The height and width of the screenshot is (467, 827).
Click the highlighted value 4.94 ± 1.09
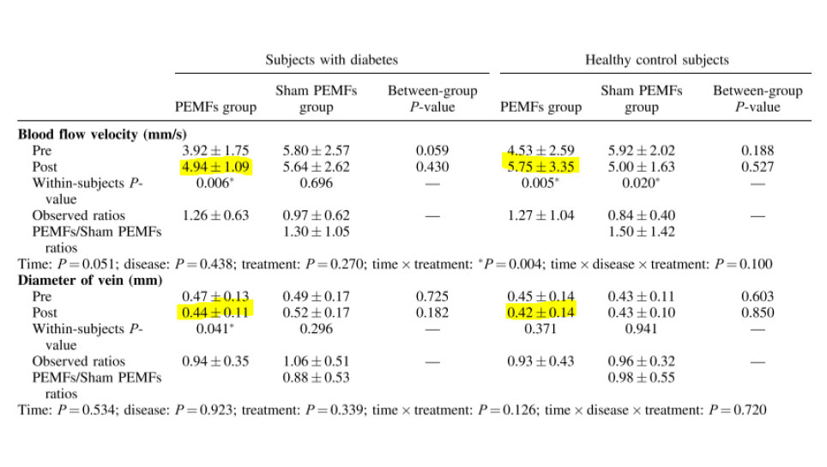pyautogui.click(x=215, y=167)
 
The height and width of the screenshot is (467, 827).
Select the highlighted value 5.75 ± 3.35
pyautogui.click(x=540, y=167)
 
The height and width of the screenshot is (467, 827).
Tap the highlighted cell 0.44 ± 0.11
pyautogui.click(x=215, y=312)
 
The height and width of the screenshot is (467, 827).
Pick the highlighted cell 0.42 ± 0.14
pyautogui.click(x=540, y=312)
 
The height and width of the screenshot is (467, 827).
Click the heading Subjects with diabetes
pyautogui.click(x=331, y=60)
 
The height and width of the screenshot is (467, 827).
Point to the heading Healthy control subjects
pyautogui.click(x=657, y=60)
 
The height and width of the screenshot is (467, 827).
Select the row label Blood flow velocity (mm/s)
pyautogui.click(x=103, y=134)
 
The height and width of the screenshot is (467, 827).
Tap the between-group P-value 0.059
pyautogui.click(x=432, y=150)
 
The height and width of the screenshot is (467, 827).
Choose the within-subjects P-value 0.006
pyautogui.click(x=214, y=183)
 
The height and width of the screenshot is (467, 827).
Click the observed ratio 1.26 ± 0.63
pyautogui.click(x=215, y=215)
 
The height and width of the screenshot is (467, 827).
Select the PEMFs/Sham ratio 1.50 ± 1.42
pyautogui.click(x=642, y=232)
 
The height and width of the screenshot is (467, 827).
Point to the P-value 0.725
pyautogui.click(x=432, y=296)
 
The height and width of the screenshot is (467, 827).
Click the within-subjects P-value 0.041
pyautogui.click(x=214, y=329)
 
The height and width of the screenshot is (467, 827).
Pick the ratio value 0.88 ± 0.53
pyautogui.click(x=317, y=378)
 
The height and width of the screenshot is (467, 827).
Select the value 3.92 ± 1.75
pyautogui.click(x=215, y=150)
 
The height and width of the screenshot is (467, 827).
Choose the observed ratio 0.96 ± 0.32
pyautogui.click(x=642, y=361)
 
